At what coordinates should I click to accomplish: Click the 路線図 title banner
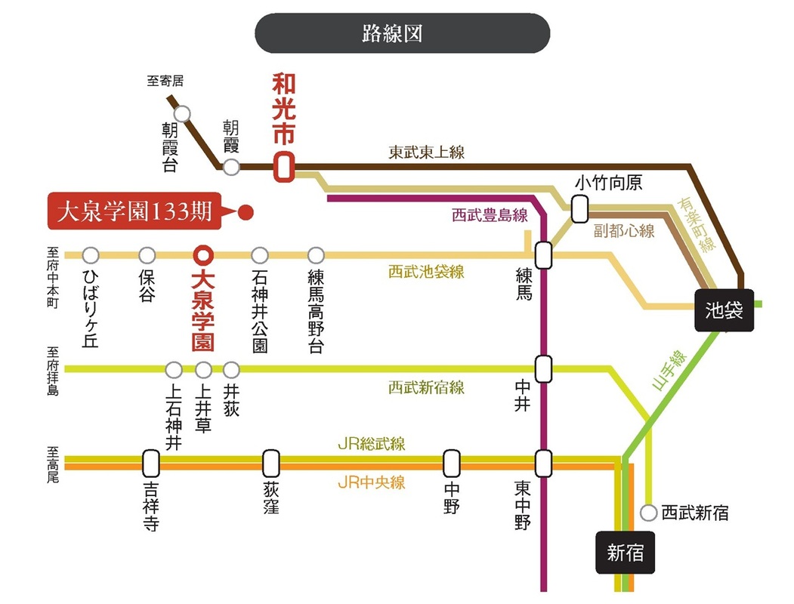(402, 33)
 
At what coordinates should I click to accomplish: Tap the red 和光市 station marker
(284, 166)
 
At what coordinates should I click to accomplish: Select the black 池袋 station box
(724, 310)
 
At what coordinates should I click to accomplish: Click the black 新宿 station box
(625, 552)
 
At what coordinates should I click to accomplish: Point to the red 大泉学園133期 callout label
(134, 211)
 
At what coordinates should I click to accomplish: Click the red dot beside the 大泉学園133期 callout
(246, 212)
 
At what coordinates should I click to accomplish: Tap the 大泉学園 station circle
(203, 255)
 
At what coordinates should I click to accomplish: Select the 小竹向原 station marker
(579, 209)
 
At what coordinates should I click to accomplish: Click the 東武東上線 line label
(426, 153)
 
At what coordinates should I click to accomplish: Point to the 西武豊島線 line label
(490, 215)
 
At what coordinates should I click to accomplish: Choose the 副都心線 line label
(624, 231)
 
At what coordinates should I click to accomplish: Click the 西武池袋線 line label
(426, 272)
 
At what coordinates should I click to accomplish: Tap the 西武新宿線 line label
(426, 387)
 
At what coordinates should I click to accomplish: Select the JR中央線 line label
(371, 482)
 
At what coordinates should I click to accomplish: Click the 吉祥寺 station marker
(151, 464)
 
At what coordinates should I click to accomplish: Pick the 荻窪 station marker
(271, 464)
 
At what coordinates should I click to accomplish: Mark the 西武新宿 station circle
(649, 513)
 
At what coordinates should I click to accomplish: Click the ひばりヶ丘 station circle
(91, 255)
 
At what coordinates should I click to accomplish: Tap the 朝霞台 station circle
(182, 114)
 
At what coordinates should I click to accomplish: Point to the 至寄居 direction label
(165, 81)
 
